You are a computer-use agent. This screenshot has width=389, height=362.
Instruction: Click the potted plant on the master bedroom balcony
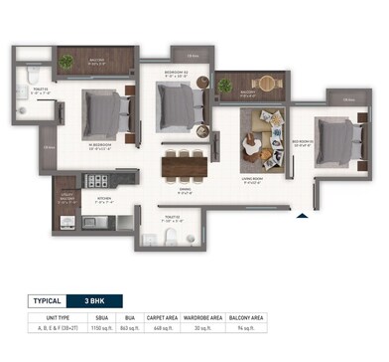click(x=66, y=63)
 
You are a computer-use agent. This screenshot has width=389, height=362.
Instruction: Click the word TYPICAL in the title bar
click(x=43, y=300)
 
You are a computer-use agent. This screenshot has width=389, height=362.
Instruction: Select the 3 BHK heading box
click(x=100, y=300)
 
